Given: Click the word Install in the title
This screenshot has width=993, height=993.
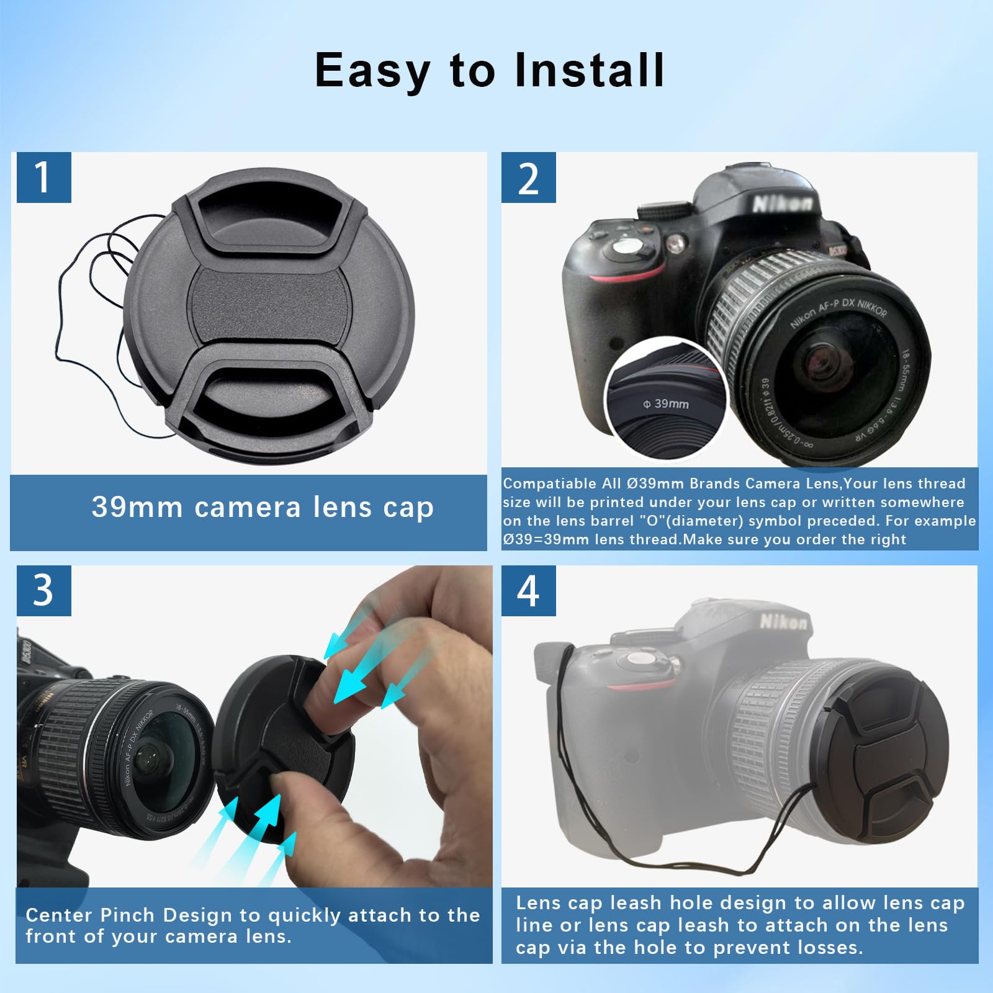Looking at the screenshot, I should (590, 70).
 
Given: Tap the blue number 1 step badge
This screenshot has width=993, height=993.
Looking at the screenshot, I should (43, 177).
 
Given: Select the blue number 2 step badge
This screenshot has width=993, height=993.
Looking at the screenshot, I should (528, 178).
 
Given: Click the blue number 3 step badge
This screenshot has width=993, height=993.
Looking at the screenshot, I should (43, 590).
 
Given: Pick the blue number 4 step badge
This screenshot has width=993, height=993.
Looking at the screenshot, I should (528, 590).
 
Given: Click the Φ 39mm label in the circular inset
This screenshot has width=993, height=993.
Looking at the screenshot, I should (666, 404).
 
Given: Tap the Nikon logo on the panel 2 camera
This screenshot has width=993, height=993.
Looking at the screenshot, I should (782, 203).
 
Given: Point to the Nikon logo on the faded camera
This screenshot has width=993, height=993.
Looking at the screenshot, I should (784, 621).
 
